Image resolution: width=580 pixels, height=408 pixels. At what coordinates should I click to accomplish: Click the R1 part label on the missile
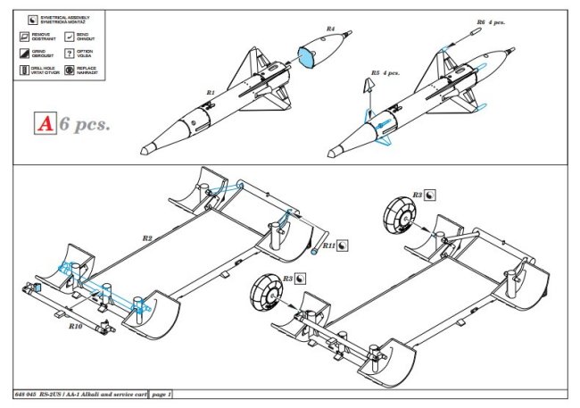coord(211,92)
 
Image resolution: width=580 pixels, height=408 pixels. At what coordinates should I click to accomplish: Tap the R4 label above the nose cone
coord(329,29)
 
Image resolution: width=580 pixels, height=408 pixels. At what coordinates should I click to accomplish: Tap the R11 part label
coord(327,245)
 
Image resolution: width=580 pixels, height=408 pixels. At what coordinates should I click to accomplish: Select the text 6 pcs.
coord(85,124)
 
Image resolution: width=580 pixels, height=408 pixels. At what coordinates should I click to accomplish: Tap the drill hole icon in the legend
coord(22,69)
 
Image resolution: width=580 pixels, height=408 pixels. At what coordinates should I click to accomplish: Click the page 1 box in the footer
coord(161,394)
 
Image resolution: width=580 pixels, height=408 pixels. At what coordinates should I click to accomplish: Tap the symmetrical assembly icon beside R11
coord(344,245)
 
